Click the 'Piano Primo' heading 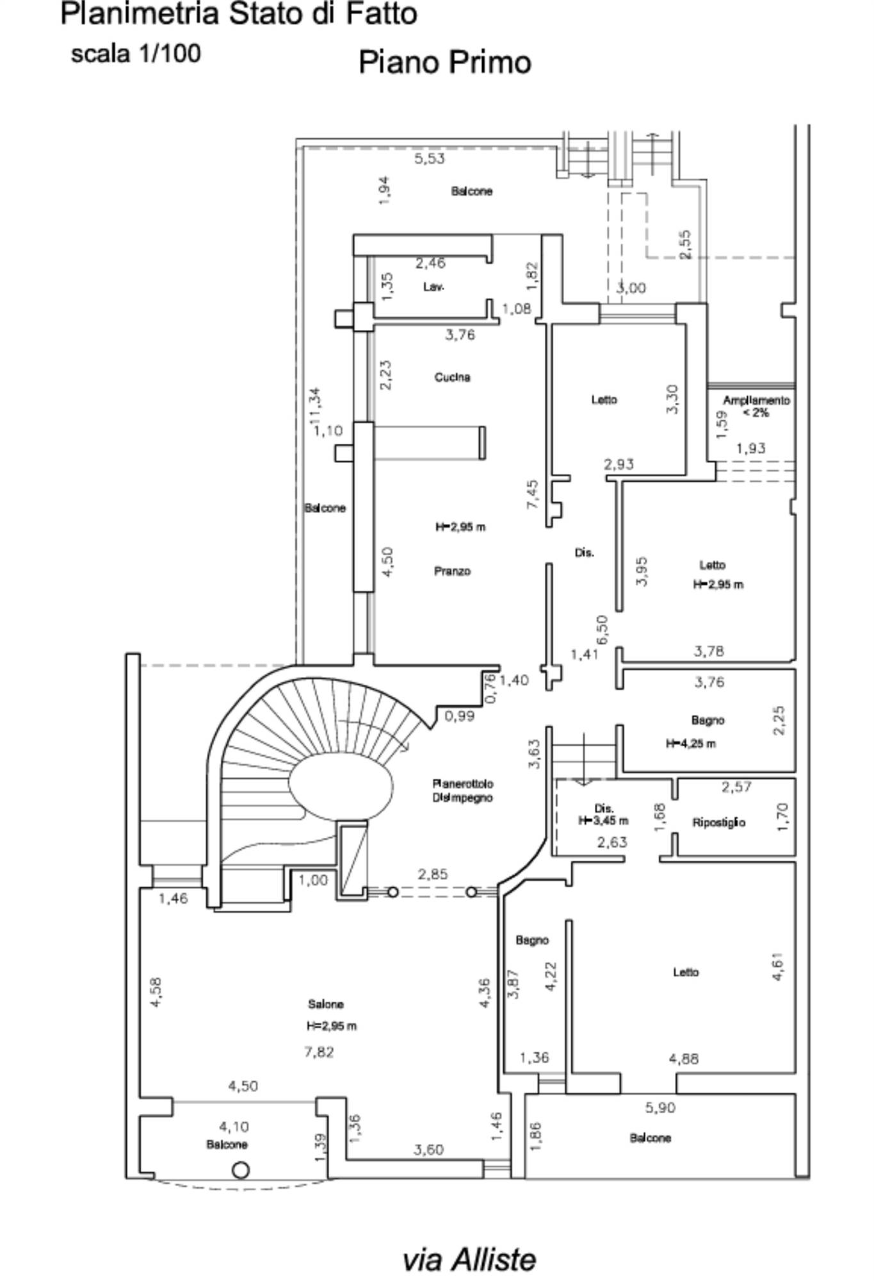tap(445, 63)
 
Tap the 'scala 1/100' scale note tap(136, 53)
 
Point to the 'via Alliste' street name tap(469, 1259)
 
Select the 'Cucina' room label tap(453, 377)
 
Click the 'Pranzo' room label tap(453, 571)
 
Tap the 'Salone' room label tap(326, 1004)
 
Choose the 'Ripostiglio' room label tap(718, 822)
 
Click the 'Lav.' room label tap(433, 287)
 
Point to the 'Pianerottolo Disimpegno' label tap(463, 790)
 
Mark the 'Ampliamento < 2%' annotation tap(756, 406)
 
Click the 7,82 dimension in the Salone tap(319, 1052)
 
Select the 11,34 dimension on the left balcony tap(315, 405)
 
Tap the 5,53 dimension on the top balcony tap(429, 158)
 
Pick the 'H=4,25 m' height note tap(691, 744)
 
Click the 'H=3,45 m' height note tap(603, 820)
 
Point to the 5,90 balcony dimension tap(660, 1107)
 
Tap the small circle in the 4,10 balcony tap(240, 1171)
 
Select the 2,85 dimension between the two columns tap(433, 874)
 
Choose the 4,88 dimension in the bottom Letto tap(684, 1059)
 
